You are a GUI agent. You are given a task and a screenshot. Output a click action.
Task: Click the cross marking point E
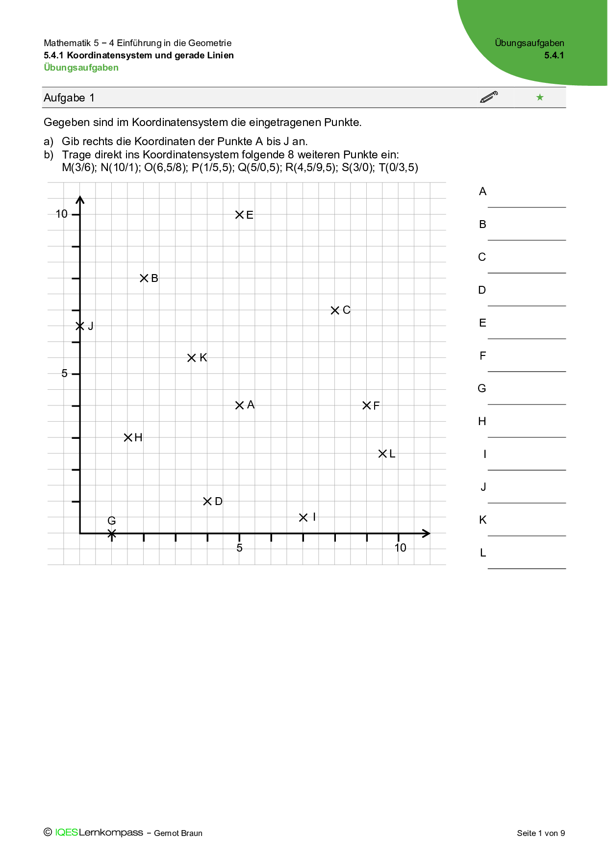(239, 215)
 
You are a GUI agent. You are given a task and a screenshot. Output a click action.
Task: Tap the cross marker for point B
(144, 278)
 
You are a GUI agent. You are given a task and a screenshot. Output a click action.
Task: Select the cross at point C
(335, 310)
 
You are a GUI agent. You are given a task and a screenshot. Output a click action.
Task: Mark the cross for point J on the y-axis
(80, 326)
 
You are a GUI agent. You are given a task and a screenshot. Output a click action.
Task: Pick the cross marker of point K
(192, 358)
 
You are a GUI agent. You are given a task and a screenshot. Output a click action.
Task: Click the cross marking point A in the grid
(239, 405)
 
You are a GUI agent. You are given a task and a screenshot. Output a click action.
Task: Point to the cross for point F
(367, 405)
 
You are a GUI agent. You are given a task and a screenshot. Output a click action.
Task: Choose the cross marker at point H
(128, 437)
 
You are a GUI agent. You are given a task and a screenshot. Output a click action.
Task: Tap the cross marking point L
(382, 454)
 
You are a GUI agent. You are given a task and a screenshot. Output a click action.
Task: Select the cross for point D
(207, 501)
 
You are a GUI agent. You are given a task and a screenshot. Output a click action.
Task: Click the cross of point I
(303, 517)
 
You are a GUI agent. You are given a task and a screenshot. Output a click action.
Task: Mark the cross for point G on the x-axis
(112, 533)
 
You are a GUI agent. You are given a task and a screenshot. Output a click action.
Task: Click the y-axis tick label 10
(62, 214)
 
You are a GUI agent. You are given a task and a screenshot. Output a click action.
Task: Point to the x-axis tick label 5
(239, 548)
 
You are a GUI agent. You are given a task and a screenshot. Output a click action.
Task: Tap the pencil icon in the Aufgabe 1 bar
(489, 97)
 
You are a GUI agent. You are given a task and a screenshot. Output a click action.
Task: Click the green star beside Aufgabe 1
(540, 97)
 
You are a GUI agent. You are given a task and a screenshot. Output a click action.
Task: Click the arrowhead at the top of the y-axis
(80, 199)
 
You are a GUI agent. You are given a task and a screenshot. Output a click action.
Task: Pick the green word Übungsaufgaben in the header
(81, 68)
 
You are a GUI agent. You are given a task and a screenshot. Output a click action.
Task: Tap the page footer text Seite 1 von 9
(541, 833)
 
